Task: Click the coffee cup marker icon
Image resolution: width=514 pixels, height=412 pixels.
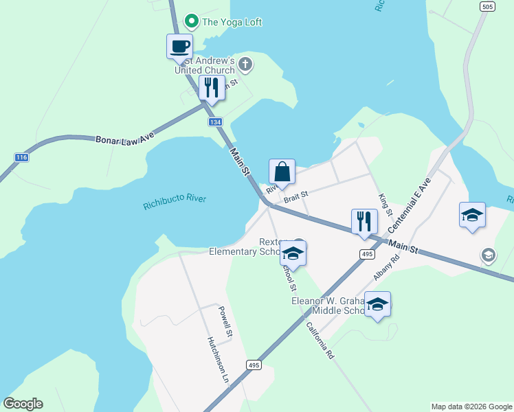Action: click(179, 47)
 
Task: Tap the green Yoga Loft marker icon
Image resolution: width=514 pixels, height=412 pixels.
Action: click(193, 22)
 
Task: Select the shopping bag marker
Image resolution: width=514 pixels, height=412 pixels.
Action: click(282, 172)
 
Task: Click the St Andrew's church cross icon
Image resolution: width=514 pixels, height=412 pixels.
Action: click(245, 66)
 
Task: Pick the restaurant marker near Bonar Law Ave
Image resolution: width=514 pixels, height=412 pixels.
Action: click(211, 88)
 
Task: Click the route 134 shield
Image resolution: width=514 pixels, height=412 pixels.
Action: click(216, 122)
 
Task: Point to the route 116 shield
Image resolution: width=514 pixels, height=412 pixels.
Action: click(22, 158)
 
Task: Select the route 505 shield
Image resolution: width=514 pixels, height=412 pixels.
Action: click(487, 7)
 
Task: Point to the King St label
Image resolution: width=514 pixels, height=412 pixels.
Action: click(383, 200)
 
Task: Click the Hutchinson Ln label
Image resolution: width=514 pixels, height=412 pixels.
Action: click(217, 359)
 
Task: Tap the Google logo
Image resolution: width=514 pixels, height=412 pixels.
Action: click(23, 404)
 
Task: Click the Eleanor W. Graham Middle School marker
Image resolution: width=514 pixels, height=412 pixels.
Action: click(377, 304)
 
